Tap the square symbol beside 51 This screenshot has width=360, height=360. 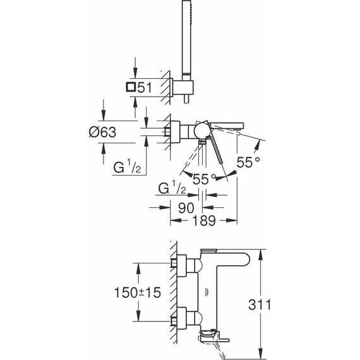tap(131, 88)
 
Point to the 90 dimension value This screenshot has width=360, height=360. tap(186, 208)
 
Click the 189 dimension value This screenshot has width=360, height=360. tap(204, 221)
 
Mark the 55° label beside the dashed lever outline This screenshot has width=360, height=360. tap(205, 179)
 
